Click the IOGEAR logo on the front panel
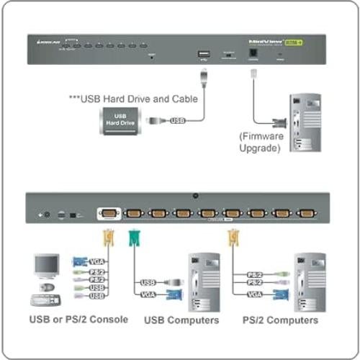(48, 44)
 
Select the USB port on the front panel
(203, 53)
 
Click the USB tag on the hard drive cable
(177, 120)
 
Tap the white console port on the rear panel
(108, 213)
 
